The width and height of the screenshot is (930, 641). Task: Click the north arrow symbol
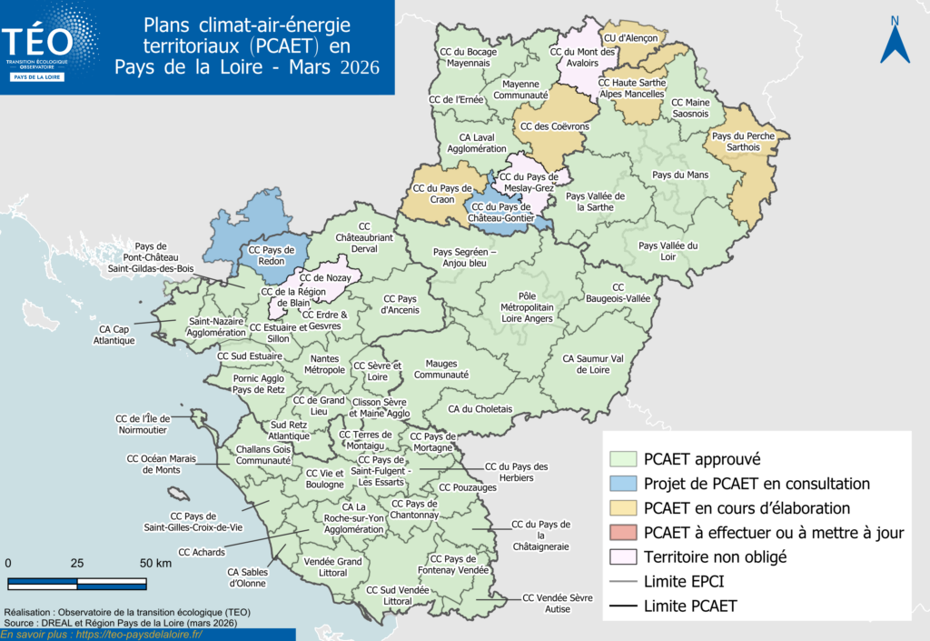coord(895,42)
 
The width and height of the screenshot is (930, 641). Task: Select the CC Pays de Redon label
coord(272,255)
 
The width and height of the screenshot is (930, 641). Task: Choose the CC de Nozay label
coord(324,276)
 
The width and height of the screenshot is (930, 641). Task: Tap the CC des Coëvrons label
coord(554,126)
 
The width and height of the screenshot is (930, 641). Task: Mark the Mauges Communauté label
coord(441,368)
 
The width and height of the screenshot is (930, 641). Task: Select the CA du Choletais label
coord(480,409)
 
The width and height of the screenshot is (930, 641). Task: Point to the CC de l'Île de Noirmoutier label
coord(150,425)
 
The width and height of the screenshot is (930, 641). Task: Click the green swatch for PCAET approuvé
coord(623,459)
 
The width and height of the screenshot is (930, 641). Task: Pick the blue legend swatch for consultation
coord(623,484)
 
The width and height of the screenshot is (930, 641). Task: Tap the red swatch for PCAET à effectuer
coord(623,532)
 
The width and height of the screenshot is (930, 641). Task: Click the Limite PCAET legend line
coord(623,605)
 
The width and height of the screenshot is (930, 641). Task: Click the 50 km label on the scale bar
coord(155,564)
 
